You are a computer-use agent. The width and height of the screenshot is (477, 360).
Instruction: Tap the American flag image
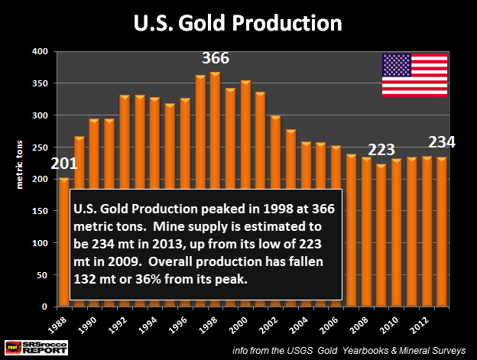coord(414,76)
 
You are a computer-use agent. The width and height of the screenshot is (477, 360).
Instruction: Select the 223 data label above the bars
coord(383,150)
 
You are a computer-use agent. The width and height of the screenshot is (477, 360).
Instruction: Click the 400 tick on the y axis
coord(39,51)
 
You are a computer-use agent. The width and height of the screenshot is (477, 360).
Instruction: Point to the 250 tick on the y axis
coord(39,147)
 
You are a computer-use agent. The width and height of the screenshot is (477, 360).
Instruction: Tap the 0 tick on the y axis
coord(45,306)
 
